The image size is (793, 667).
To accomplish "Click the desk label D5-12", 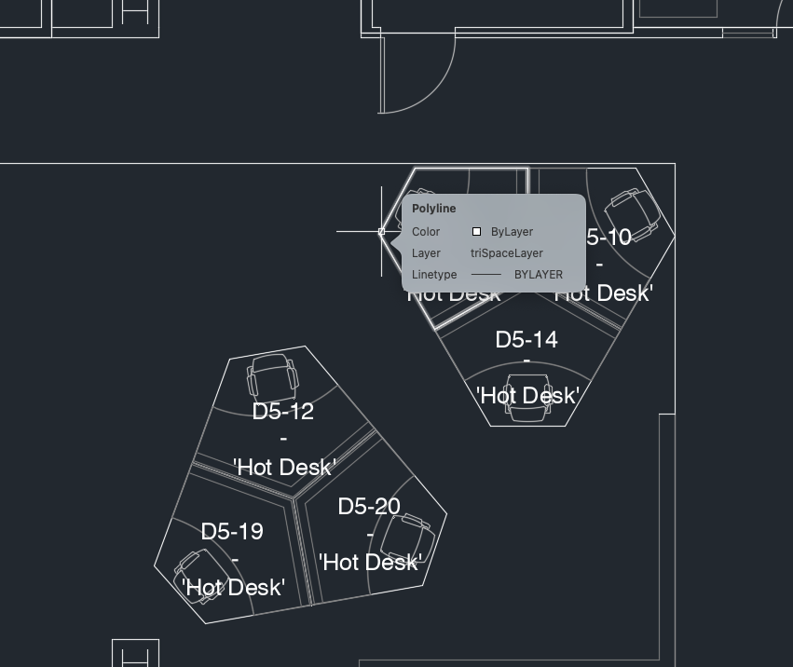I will [x=282, y=411].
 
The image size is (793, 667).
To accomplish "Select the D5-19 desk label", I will [x=232, y=532].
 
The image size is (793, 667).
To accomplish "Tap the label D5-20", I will [x=369, y=507].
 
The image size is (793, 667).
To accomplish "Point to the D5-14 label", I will [x=526, y=340].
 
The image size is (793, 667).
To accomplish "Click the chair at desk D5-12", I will [x=272, y=375].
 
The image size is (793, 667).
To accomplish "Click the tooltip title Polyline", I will [x=434, y=209].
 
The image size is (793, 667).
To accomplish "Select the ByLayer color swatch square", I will [x=476, y=232].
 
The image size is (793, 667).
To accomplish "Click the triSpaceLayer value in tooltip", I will [x=506, y=253].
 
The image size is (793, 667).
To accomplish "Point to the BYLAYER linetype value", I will [x=539, y=275].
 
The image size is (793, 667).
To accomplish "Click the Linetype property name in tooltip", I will [x=434, y=275].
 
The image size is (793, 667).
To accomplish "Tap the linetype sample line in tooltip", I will [x=486, y=275].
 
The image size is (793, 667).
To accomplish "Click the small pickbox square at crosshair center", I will [x=382, y=231].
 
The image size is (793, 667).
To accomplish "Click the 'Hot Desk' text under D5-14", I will [x=527, y=396].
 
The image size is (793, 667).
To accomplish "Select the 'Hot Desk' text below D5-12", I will [x=284, y=467].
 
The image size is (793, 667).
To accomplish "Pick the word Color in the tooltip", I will [x=426, y=232].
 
